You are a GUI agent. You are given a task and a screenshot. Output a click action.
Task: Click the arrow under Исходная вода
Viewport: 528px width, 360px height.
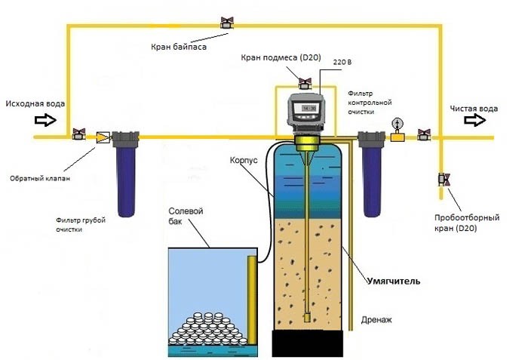[46, 119]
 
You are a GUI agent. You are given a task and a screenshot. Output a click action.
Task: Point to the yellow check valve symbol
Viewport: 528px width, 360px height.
[100, 137]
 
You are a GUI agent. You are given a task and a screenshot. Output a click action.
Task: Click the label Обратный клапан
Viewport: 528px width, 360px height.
[37, 179]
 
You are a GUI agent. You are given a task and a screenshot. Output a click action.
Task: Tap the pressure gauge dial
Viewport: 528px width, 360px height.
[397, 124]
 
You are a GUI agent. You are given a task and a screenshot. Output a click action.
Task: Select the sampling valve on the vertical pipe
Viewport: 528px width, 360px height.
[443, 180]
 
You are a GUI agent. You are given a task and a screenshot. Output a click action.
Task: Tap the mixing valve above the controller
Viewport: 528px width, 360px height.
[305, 82]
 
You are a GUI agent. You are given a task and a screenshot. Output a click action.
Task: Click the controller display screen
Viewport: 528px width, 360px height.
[308, 109]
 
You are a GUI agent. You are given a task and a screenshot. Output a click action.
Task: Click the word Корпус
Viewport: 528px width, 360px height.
[244, 160]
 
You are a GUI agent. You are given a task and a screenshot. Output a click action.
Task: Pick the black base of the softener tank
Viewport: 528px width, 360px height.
[309, 344]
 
